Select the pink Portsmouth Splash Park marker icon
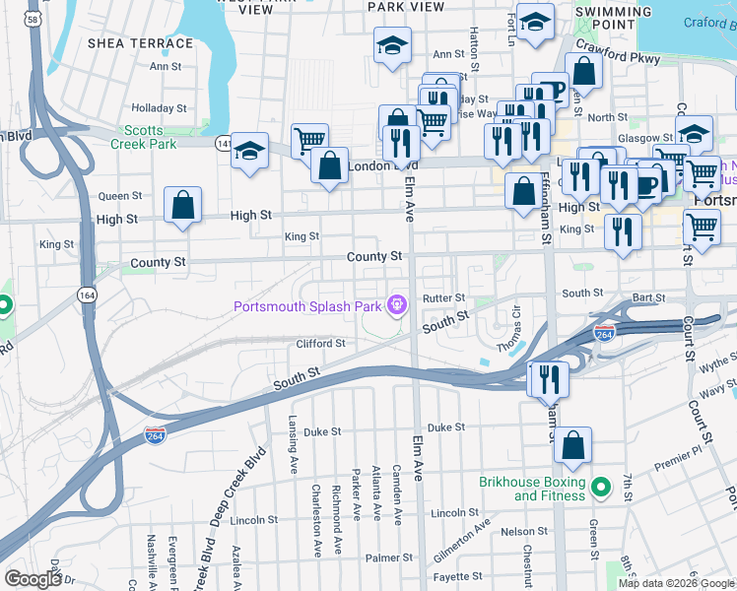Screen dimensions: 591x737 (396, 305)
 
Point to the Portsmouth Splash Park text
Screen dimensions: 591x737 (306, 306)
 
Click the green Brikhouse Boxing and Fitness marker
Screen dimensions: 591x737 (599, 484)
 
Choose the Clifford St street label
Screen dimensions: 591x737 (321, 344)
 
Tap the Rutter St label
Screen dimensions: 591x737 (443, 297)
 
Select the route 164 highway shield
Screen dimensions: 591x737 (88, 294)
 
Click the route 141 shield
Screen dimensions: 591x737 (223, 144)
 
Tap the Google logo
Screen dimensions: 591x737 (33, 578)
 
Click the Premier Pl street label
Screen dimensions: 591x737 (675, 461)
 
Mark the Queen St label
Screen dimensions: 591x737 (120, 196)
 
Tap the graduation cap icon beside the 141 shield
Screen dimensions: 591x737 (250, 151)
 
